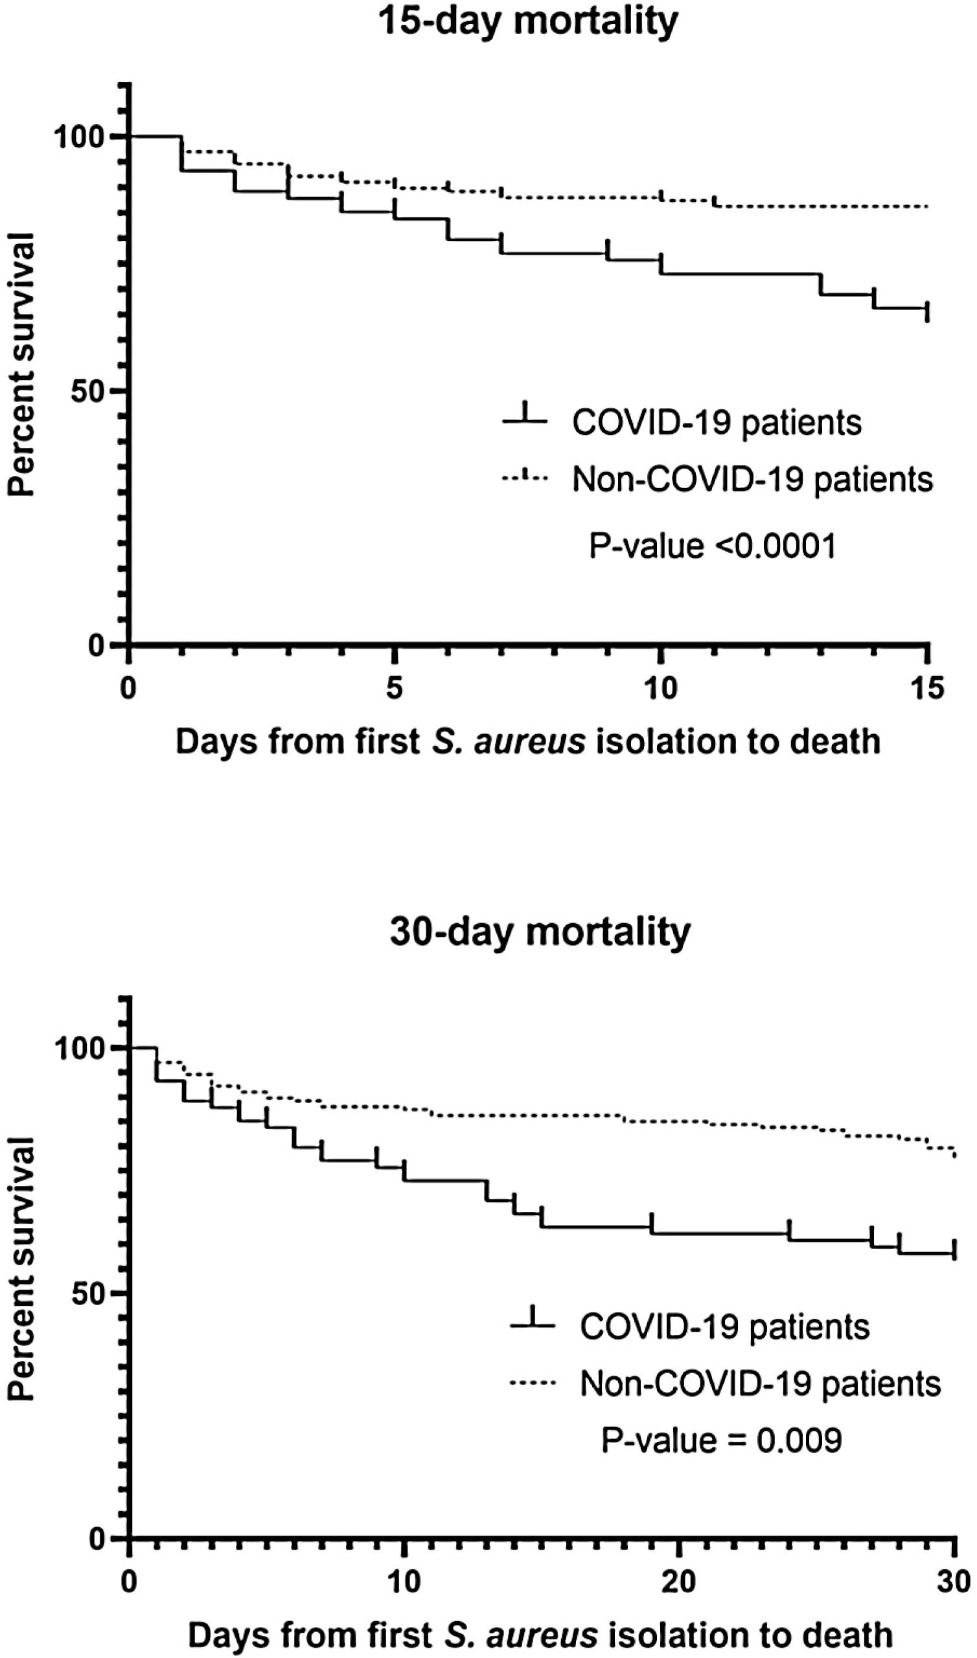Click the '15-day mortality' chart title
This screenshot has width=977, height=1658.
tap(528, 22)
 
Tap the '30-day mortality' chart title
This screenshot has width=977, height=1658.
tap(540, 931)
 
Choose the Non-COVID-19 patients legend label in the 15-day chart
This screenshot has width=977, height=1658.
tap(752, 479)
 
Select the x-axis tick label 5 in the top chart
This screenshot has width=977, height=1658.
tap(394, 689)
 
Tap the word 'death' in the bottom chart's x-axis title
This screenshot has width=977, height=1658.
tap(849, 1635)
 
